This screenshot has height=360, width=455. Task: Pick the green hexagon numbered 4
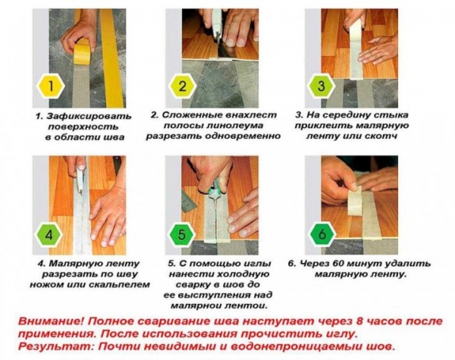[x=51, y=233]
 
